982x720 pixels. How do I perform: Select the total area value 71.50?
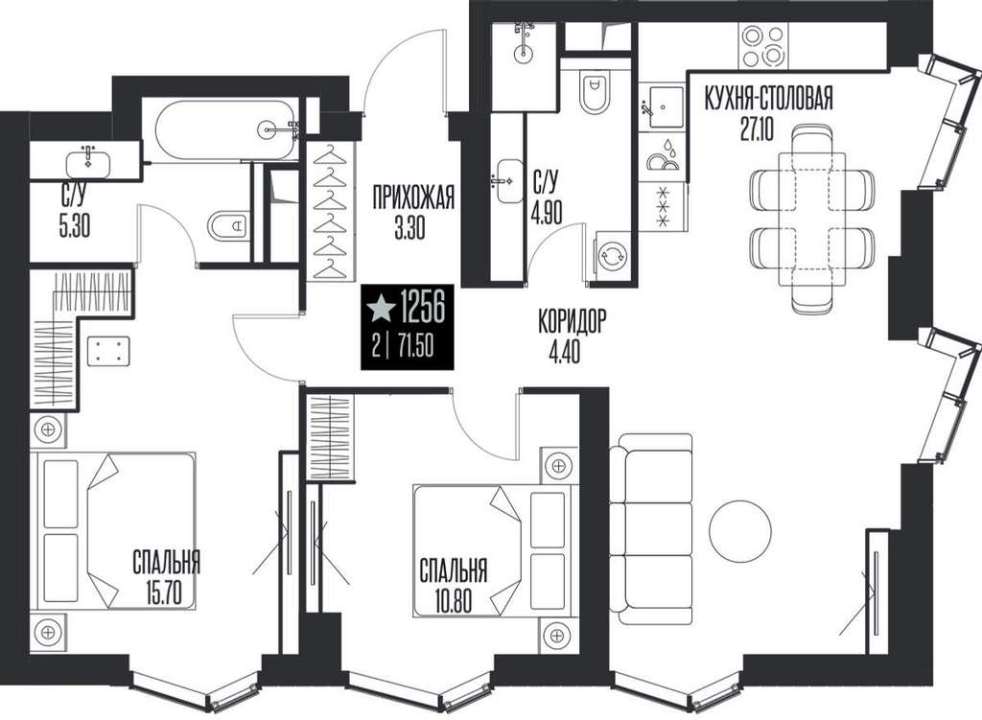click(411, 345)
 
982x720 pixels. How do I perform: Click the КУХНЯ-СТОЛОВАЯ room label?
click(768, 99)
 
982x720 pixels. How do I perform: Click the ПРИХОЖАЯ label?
click(412, 198)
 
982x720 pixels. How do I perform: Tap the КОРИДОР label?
click(572, 321)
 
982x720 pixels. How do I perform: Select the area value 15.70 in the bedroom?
click(165, 592)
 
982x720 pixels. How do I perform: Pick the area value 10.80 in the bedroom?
click(453, 600)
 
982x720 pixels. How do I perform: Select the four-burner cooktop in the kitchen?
click(762, 46)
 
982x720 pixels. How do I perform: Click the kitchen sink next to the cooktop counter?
click(664, 107)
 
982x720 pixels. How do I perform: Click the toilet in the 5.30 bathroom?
click(228, 225)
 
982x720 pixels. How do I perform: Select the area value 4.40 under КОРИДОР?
click(564, 352)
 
